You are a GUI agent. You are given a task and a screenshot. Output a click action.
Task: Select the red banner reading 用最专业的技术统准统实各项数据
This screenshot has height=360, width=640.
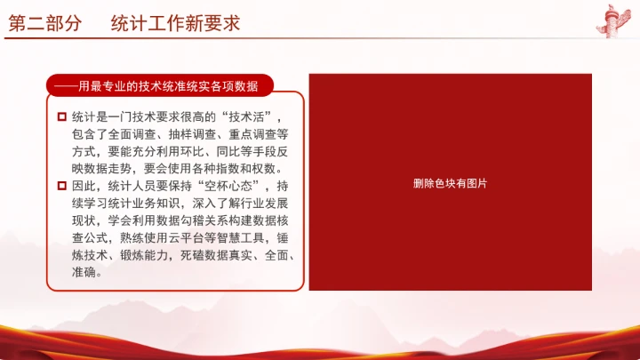[160, 86]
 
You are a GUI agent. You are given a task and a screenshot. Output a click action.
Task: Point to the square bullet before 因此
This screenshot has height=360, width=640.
[61, 187]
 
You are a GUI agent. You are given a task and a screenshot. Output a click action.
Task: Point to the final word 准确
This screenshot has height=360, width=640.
[85, 272]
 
